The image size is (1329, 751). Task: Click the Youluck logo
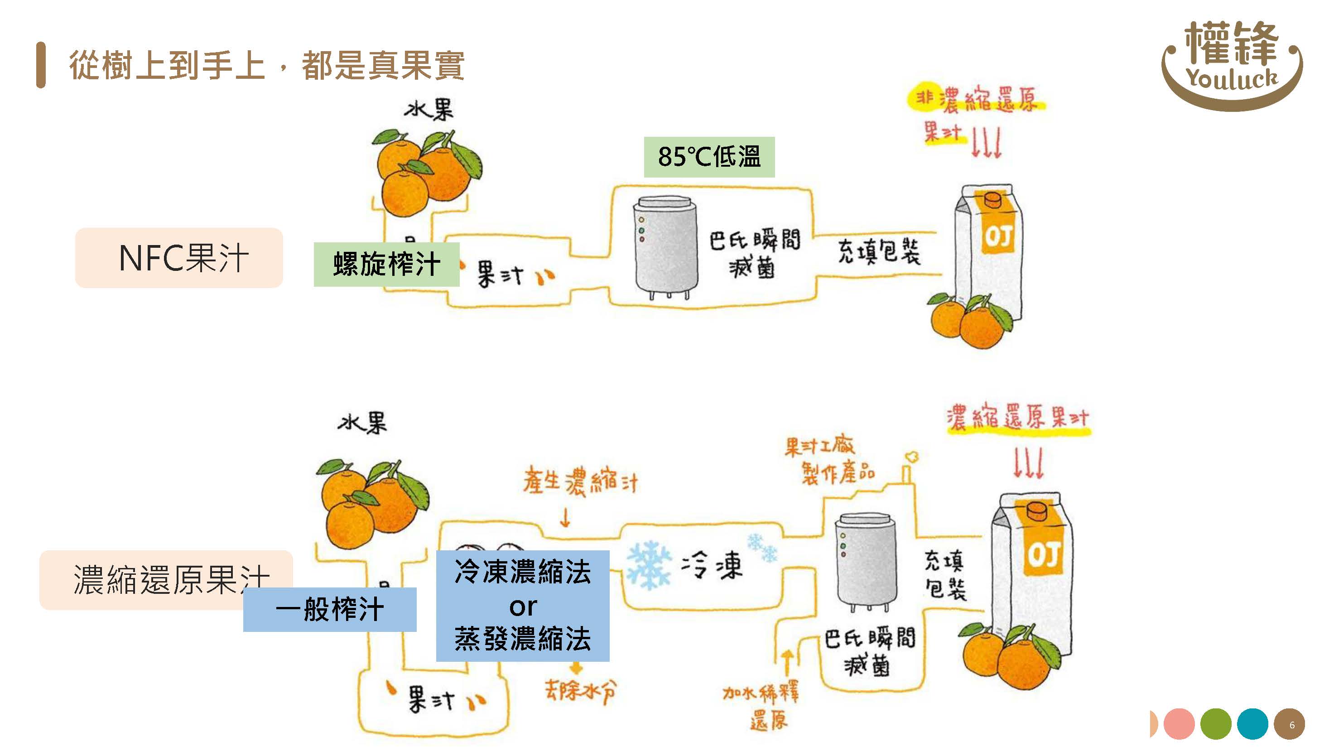tap(1232, 64)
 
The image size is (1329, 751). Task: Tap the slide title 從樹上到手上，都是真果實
tap(266, 66)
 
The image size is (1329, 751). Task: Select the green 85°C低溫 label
tap(709, 157)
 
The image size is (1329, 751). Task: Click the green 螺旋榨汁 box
tap(386, 264)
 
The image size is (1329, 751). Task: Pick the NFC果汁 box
tap(179, 257)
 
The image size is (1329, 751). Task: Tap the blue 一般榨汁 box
tap(330, 609)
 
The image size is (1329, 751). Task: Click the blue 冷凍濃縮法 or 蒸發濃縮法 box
tap(523, 606)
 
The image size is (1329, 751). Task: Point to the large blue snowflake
tap(649, 565)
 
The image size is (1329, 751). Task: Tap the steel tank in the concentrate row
tap(865, 561)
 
